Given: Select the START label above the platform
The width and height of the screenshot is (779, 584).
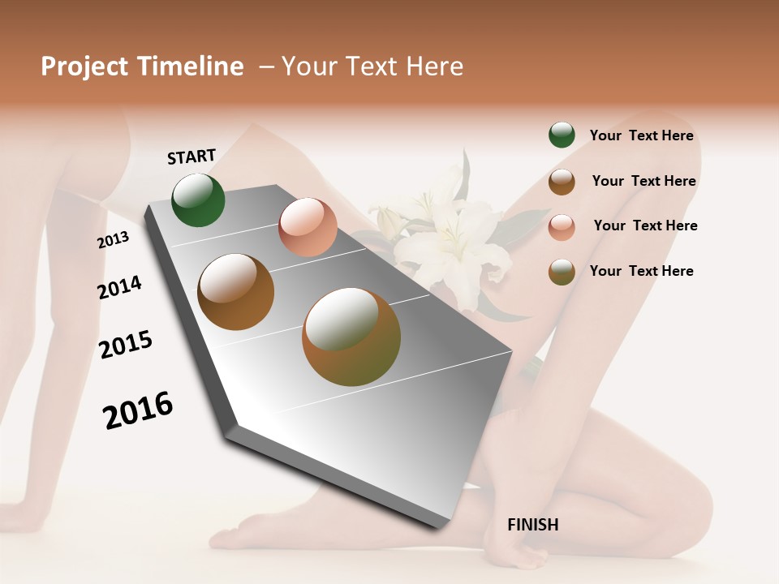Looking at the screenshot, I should tap(192, 157).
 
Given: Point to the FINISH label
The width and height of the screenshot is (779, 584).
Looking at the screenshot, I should tap(532, 525).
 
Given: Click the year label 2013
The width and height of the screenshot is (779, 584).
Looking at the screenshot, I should tap(113, 240).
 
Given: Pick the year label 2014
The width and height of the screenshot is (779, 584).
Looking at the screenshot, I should tap(119, 288).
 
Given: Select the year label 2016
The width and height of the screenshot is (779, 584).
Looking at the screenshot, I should tap(138, 410).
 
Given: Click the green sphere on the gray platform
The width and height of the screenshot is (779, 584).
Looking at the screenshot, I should tap(199, 200).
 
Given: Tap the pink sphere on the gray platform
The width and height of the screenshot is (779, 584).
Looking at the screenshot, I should tap(308, 227).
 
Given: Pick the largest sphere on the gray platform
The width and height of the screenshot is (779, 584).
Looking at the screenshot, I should tap(351, 337).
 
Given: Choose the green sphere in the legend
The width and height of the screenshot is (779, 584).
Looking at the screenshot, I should tap(562, 135).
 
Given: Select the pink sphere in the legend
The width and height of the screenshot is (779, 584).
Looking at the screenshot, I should tap(562, 227).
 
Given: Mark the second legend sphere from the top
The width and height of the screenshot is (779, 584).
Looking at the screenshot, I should tap(562, 182).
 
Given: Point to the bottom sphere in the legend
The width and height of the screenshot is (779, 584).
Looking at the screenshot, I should tap(562, 272).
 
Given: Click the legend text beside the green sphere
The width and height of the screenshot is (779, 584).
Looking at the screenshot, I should tap(641, 136).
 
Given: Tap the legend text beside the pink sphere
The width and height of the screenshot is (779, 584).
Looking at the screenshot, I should tap(645, 225).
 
